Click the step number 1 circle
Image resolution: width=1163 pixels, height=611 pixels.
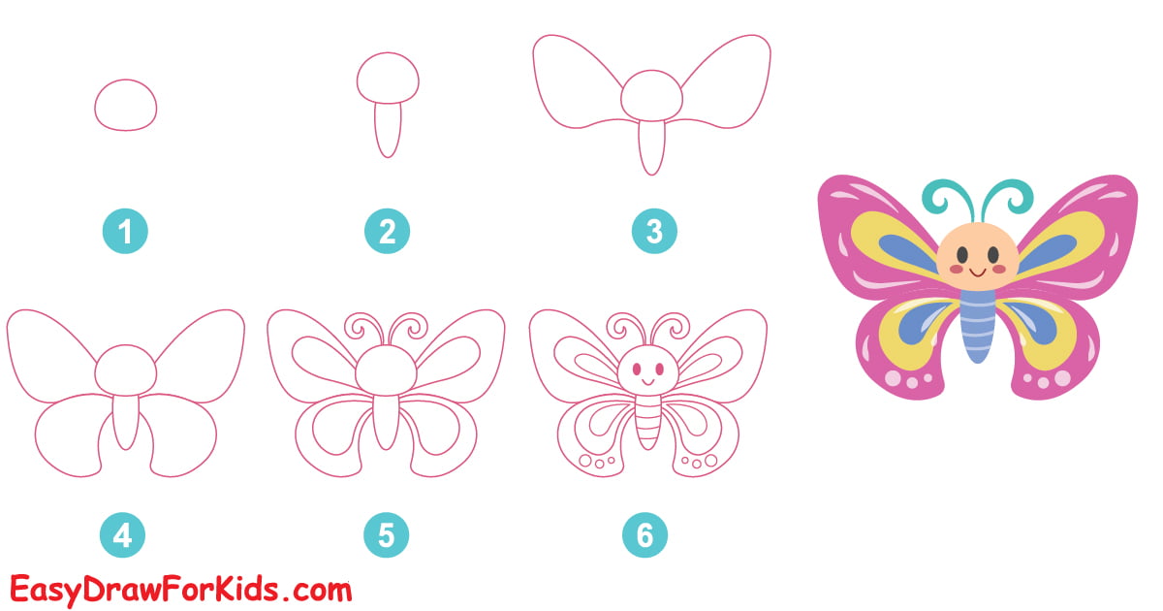click(125, 232)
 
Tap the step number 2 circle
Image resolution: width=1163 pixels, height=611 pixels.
click(387, 232)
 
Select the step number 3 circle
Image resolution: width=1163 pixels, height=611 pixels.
click(653, 232)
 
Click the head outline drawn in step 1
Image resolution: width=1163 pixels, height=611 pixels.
click(125, 106)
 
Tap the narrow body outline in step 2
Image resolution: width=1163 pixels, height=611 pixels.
click(388, 130)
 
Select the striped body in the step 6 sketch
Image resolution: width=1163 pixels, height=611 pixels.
click(646, 427)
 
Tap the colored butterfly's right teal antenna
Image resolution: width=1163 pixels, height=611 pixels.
click(1008, 199)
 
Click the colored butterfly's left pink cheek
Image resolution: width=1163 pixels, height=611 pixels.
click(955, 269)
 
